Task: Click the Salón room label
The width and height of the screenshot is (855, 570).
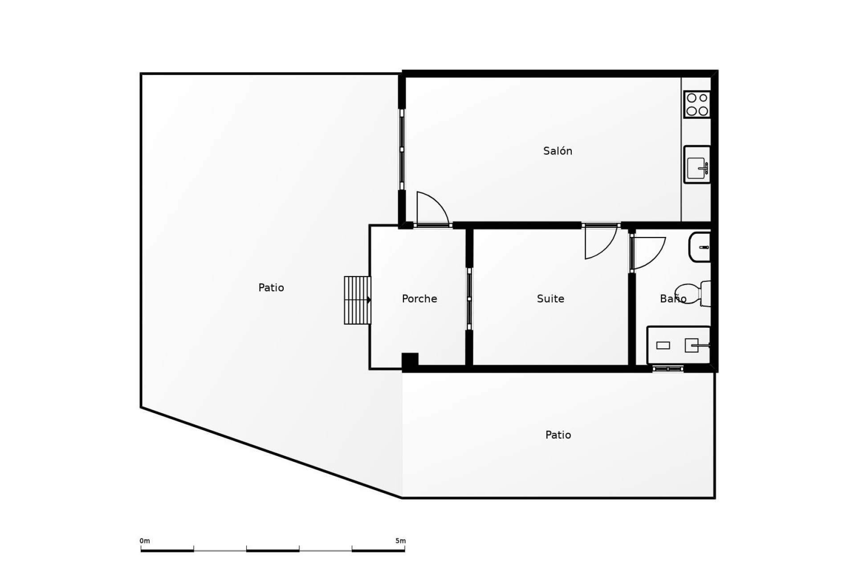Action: click(x=558, y=151)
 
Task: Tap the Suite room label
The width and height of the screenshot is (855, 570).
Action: click(x=550, y=299)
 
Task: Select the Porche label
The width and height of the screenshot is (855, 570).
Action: click(x=419, y=299)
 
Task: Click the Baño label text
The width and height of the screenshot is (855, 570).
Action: click(x=672, y=299)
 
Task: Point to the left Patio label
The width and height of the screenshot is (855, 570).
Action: click(x=271, y=288)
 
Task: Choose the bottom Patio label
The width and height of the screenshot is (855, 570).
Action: click(x=558, y=435)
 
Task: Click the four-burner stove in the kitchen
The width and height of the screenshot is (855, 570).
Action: click(x=697, y=105)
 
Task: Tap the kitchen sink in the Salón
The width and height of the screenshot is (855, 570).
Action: click(x=697, y=164)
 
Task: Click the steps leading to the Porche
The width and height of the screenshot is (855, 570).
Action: click(x=357, y=300)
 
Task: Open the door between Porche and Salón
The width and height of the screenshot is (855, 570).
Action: click(x=431, y=209)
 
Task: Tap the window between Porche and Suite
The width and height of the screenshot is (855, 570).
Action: click(x=469, y=299)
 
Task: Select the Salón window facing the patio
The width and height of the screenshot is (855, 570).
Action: click(x=402, y=150)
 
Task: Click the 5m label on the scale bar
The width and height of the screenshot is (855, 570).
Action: click(x=400, y=541)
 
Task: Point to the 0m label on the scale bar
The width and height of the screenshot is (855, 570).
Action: click(x=145, y=541)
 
